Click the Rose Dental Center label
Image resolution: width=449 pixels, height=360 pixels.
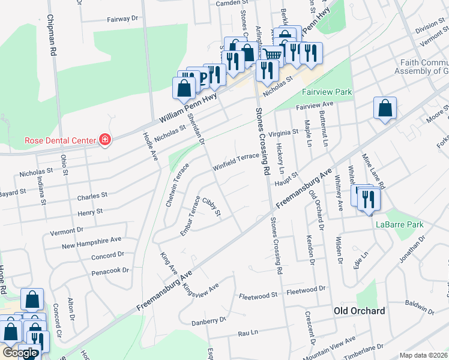(x=60, y=140)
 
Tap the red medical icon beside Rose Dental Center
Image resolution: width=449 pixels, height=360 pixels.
(x=105, y=140)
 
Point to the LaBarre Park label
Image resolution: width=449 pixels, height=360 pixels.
(x=400, y=224)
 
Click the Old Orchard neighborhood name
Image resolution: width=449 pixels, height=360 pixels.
(x=360, y=311)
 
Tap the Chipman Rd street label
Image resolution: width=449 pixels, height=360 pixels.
(x=52, y=36)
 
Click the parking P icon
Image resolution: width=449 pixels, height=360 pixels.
(x=203, y=76)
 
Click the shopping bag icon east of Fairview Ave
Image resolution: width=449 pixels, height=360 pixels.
(x=385, y=108)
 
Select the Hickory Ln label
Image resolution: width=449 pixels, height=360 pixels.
(x=280, y=155)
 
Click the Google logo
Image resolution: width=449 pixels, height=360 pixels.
(x=20, y=353)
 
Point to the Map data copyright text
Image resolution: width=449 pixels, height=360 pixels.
(x=423, y=355)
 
